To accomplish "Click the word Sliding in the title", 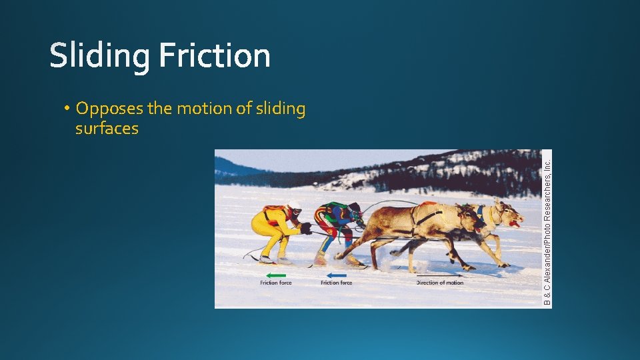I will point(100,56).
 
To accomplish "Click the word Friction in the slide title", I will point(215,56).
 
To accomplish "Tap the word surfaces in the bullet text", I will point(107,129).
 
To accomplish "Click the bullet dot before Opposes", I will point(69,109).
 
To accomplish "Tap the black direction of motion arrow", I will point(439,275).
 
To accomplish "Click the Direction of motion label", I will point(439,283).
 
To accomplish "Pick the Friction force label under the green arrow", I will point(275,283).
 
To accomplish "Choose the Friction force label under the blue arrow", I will point(336,283).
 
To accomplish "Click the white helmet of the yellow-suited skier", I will point(293,206).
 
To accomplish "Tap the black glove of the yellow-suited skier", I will point(306,228).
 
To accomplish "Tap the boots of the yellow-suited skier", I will point(267,259).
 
